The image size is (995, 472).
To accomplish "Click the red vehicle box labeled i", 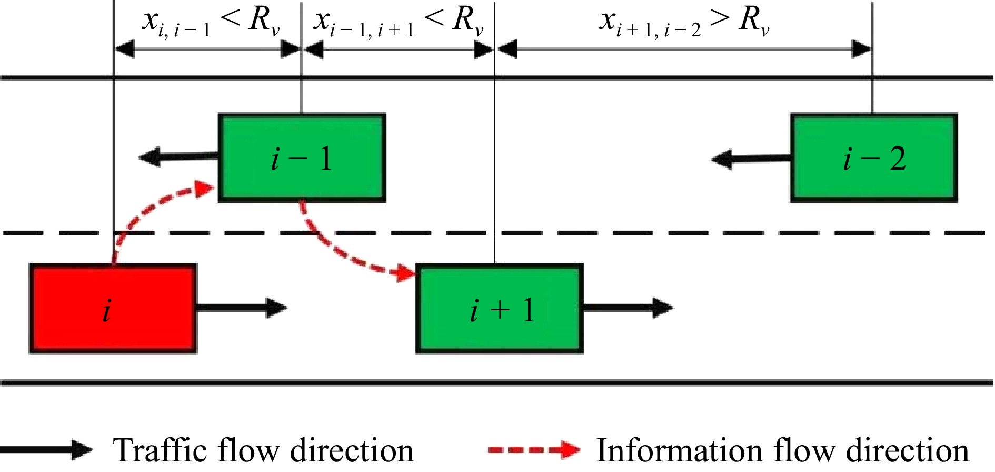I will (x=113, y=308).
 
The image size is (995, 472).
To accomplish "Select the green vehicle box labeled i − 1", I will (x=302, y=158).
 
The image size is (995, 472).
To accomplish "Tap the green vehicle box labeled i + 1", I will (x=499, y=308).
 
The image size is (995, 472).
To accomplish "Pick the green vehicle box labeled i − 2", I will (x=873, y=158).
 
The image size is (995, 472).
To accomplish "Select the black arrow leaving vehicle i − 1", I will (x=179, y=157).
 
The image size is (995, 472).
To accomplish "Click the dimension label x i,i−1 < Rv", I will (x=211, y=22).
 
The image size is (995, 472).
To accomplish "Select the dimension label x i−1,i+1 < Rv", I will (x=398, y=22).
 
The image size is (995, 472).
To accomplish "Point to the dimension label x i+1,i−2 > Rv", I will (x=684, y=22).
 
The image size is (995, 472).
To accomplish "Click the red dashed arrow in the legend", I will (x=534, y=450).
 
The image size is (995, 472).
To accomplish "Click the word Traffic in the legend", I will (x=161, y=450).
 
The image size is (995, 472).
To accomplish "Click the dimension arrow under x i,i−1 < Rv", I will (x=207, y=50).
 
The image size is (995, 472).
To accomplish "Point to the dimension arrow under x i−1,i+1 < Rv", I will (x=398, y=50).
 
